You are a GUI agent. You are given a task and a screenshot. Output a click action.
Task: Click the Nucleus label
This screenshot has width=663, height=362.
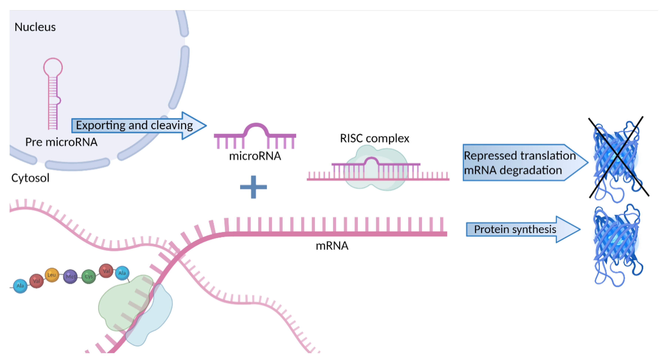[x=35, y=27]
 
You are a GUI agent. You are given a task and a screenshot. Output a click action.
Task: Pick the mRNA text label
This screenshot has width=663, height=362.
[x=332, y=246]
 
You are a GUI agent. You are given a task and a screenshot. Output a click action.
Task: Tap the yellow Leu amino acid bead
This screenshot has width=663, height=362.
[x=52, y=275]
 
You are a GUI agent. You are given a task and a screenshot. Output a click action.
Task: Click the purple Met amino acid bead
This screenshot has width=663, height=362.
[x=70, y=276]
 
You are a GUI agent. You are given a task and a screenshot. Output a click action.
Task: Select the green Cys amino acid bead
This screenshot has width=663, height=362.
[x=88, y=276]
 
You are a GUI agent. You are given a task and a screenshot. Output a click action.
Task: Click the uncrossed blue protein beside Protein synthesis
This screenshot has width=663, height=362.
[x=616, y=245]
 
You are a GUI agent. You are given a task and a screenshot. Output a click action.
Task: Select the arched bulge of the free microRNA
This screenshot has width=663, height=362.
[x=256, y=127]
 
